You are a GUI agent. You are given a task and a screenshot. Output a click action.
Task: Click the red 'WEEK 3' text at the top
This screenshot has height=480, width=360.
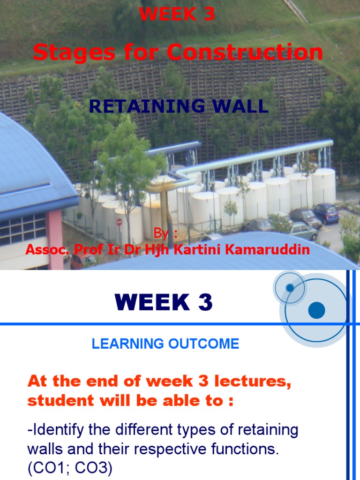click(177, 15)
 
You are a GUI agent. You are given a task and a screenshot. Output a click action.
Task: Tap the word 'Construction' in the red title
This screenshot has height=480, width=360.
click(245, 52)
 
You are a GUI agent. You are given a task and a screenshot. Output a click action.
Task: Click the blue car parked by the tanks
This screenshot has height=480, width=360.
click(325, 213)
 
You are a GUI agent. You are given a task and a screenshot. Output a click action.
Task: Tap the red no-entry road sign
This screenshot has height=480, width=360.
click(119, 222)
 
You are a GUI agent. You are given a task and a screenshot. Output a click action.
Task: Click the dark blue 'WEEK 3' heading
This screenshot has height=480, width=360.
click(164, 303)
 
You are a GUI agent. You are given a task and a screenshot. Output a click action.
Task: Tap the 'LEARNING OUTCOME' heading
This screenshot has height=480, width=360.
click(165, 344)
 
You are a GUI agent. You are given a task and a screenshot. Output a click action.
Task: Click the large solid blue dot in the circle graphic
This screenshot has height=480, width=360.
click(316, 310)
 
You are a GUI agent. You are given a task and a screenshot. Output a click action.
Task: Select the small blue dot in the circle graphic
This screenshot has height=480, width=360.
click(290, 287)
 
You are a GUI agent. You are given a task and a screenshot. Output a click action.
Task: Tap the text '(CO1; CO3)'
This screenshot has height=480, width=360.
click(70, 469)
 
